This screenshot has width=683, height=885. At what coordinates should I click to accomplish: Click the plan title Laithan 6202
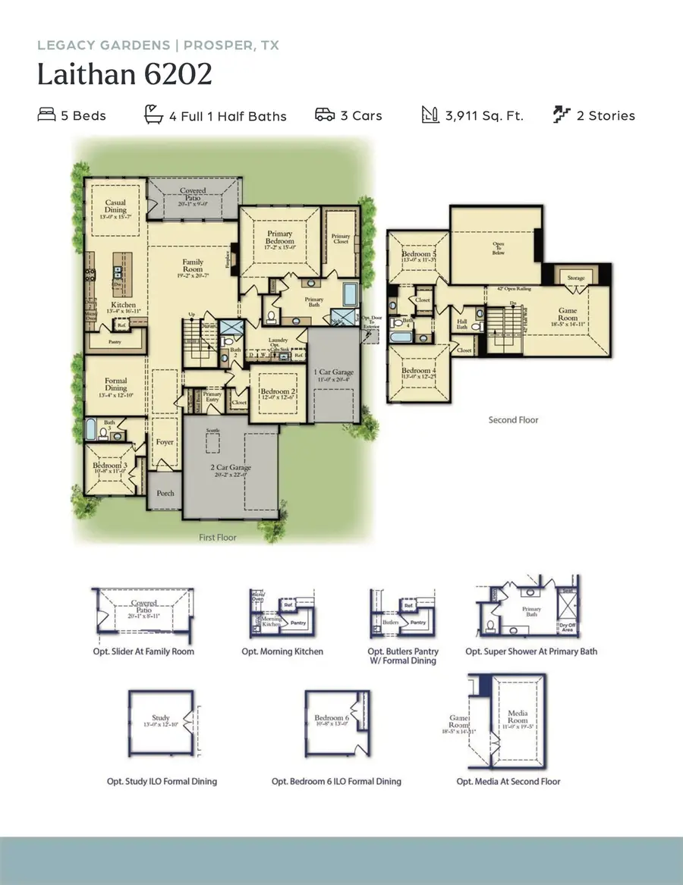(x=124, y=75)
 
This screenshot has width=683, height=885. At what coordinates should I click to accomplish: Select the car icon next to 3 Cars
(x=325, y=115)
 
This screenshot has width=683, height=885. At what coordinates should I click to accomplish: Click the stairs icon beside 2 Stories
(x=562, y=115)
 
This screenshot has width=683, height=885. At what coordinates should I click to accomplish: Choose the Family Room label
(x=193, y=266)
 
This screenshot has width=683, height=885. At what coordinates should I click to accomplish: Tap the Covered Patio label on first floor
(x=193, y=195)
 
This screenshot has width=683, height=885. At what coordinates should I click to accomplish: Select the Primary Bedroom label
(x=279, y=237)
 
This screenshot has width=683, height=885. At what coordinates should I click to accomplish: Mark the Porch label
(x=165, y=493)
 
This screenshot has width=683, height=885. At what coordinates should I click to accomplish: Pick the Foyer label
(x=165, y=442)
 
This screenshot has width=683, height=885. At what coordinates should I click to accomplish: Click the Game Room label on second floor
(x=568, y=315)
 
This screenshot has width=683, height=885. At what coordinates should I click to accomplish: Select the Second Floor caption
(x=513, y=419)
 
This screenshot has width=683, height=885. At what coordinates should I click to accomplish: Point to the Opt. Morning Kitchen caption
(x=282, y=651)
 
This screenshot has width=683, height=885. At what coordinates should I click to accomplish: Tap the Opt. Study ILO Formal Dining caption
(x=162, y=781)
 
